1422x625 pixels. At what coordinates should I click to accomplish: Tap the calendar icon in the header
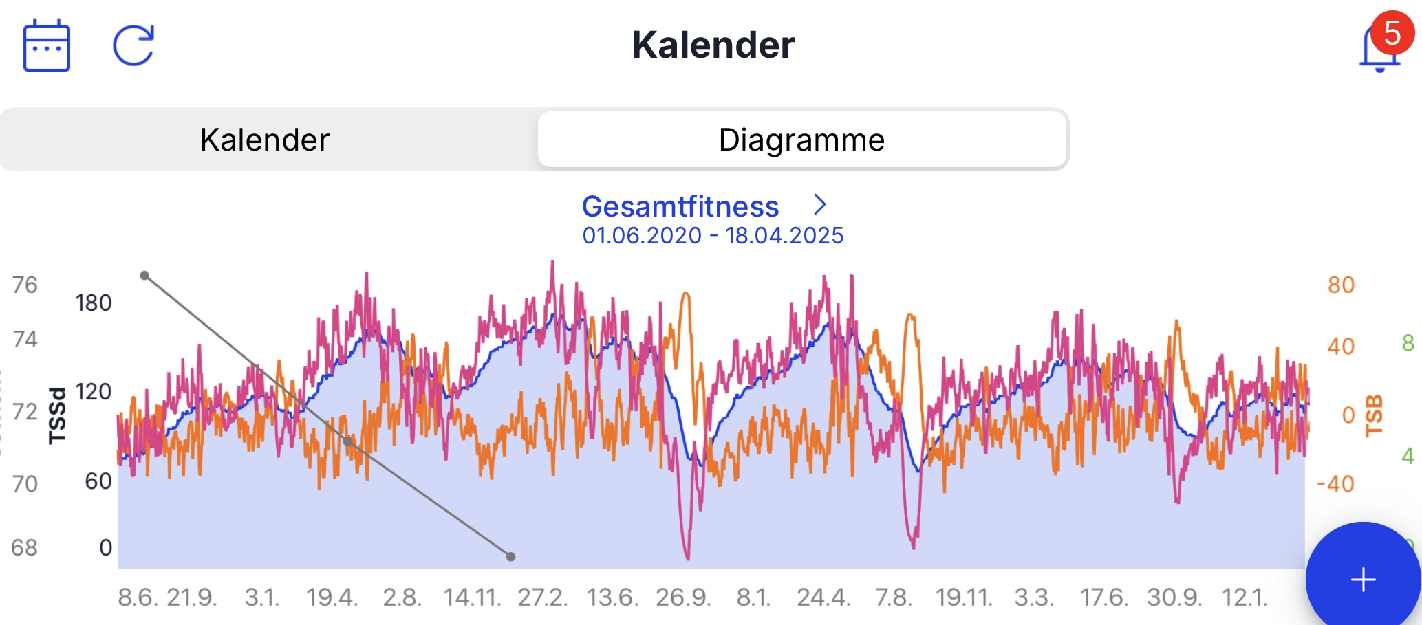(x=47, y=45)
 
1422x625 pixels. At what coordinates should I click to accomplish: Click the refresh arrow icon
(x=133, y=45)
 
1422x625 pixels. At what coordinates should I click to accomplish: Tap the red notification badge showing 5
(x=1392, y=33)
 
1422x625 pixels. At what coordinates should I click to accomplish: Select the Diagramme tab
(x=801, y=140)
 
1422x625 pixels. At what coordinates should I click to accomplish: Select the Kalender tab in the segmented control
(x=265, y=140)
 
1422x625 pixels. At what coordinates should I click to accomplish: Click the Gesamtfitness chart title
(x=680, y=206)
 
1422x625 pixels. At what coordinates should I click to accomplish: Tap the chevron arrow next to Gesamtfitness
(x=819, y=204)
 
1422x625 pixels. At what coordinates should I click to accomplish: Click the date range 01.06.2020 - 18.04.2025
(x=713, y=236)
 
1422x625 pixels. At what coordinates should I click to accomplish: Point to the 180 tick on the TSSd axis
(x=94, y=303)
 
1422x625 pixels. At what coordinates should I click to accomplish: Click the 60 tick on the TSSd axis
(x=98, y=481)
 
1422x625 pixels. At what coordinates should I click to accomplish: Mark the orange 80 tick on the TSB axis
(x=1341, y=285)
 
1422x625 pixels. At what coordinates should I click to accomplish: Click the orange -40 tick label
(x=1335, y=484)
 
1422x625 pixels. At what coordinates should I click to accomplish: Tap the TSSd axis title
(x=58, y=415)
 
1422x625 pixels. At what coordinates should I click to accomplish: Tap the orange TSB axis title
(x=1374, y=415)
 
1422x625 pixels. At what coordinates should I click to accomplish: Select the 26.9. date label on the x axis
(x=683, y=597)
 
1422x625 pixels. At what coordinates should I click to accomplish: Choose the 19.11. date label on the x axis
(x=964, y=597)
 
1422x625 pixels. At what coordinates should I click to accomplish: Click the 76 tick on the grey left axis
(x=25, y=285)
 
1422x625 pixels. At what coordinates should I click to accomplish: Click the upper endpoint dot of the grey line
(x=144, y=276)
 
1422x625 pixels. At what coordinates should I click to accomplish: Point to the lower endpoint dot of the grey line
(x=510, y=557)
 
